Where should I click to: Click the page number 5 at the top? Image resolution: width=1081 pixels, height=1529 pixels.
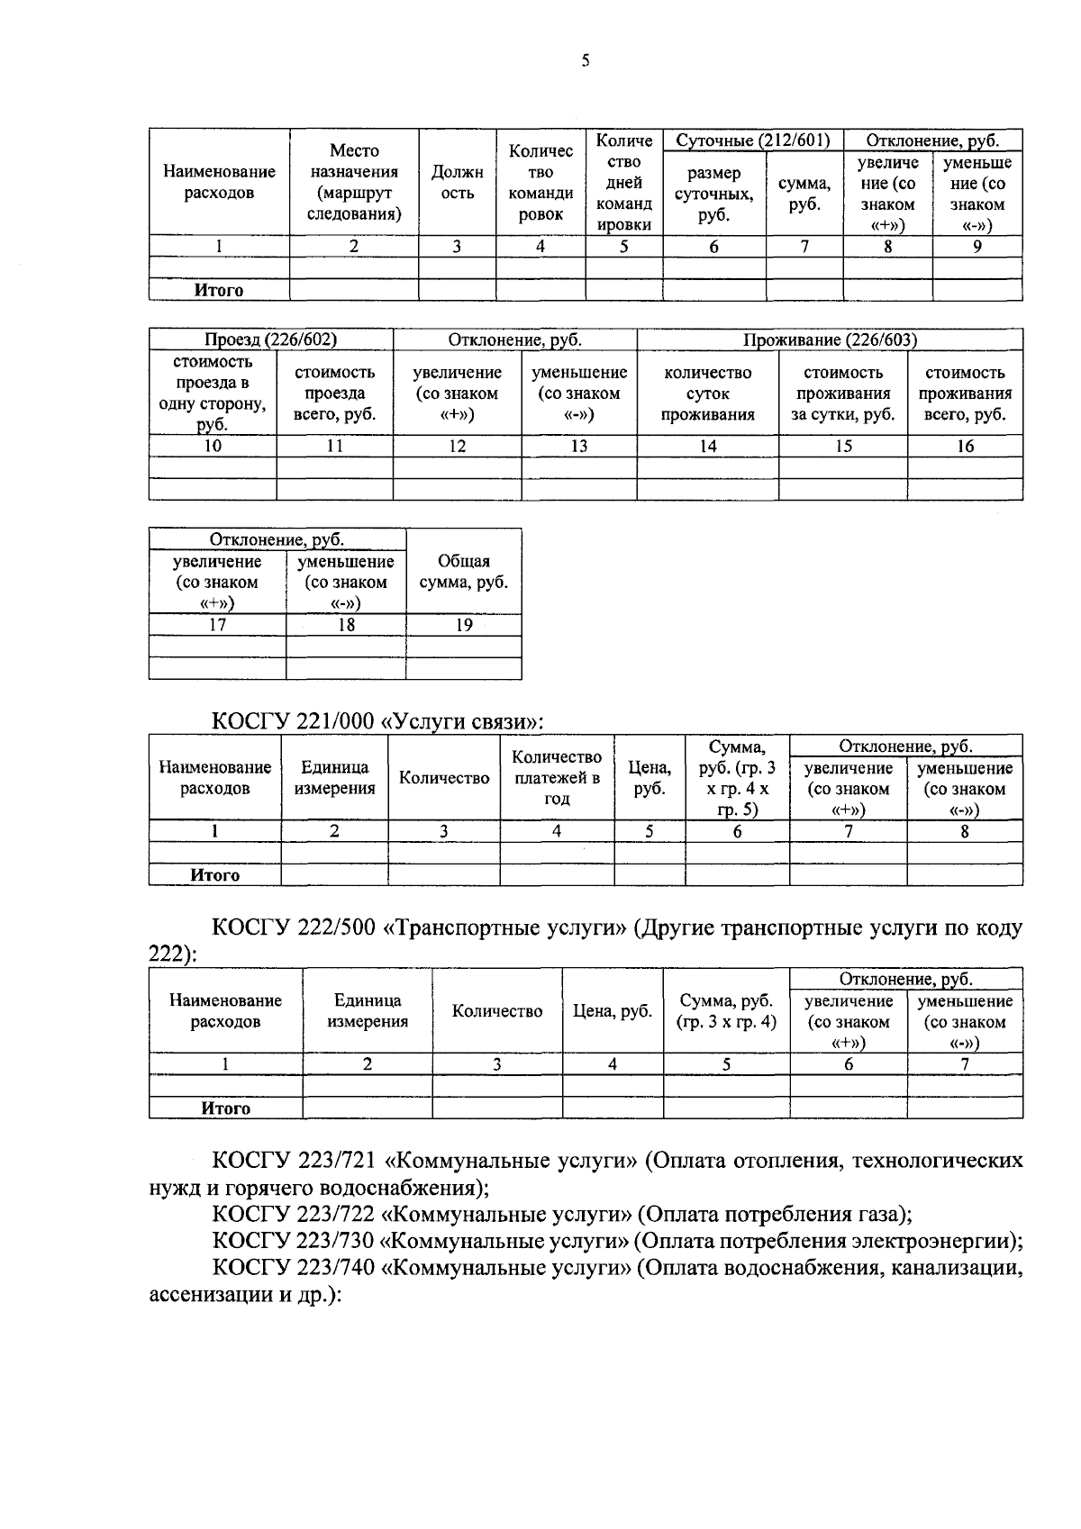(585, 61)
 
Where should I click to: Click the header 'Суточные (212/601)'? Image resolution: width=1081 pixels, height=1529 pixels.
(752, 140)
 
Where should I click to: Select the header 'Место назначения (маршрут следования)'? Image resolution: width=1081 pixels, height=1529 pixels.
(354, 183)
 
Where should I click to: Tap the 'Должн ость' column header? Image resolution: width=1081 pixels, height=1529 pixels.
(457, 183)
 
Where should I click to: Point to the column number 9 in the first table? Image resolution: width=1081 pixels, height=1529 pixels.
(977, 246)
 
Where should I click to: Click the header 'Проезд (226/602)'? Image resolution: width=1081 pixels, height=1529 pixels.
(270, 339)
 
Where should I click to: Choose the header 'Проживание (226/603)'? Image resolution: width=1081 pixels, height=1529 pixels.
(830, 339)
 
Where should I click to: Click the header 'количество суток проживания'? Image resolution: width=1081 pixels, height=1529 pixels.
(707, 394)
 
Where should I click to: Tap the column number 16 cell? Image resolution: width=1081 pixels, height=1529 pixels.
(965, 446)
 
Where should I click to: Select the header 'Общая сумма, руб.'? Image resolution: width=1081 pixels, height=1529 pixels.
(463, 572)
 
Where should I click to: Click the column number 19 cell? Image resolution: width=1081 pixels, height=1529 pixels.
(463, 625)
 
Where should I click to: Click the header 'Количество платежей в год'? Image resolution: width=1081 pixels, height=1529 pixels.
(557, 778)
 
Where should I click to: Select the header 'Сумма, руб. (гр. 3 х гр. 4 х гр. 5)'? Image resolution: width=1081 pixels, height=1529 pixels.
(736, 778)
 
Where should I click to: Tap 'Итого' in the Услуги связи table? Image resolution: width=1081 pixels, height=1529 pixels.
(214, 875)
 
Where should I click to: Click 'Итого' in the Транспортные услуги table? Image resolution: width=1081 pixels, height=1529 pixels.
(225, 1108)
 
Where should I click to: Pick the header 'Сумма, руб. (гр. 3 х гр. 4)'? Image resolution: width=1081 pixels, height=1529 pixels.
(726, 1011)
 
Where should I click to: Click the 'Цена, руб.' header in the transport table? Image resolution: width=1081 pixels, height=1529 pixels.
(612, 1011)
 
